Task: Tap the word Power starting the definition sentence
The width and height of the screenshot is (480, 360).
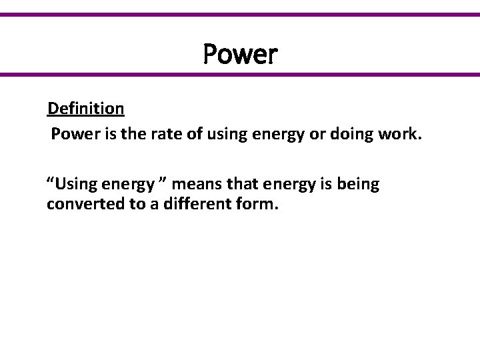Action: (72, 136)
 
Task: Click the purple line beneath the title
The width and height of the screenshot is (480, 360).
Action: (240, 75)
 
